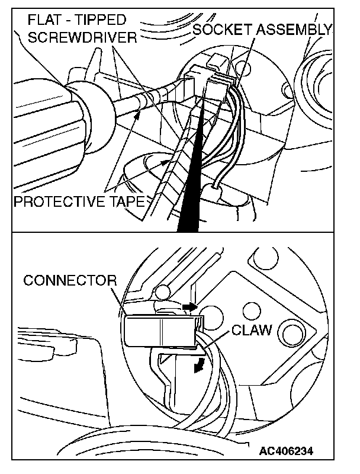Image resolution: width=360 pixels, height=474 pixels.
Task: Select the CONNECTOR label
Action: [x=70, y=280]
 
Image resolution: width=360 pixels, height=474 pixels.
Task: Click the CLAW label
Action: [x=252, y=329]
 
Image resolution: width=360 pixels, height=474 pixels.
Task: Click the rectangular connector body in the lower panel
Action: [x=160, y=329]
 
